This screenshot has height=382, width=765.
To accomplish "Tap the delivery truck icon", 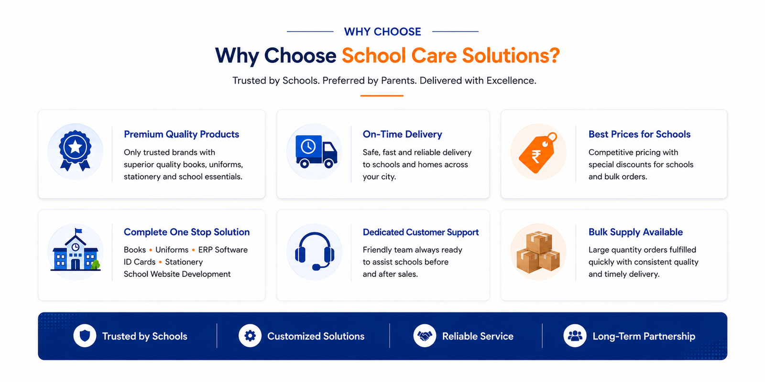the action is (x=316, y=151).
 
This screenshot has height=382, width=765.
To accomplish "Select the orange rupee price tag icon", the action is (x=537, y=152).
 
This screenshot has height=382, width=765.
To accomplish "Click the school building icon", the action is (x=76, y=250).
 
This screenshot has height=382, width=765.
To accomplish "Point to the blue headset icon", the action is (x=315, y=251).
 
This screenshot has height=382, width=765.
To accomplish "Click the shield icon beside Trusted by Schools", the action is (x=85, y=336).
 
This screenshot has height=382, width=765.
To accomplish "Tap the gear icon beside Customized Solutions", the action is (x=250, y=336).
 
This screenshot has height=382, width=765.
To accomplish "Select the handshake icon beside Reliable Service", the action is (x=425, y=336).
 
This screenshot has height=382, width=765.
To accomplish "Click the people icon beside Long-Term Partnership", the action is (x=575, y=336).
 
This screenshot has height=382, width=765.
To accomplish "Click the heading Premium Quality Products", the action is (x=181, y=134).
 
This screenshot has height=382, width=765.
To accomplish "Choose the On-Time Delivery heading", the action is (x=402, y=134).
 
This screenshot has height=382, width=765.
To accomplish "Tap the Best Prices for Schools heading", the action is (x=639, y=134).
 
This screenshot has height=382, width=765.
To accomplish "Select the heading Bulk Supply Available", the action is (x=635, y=232).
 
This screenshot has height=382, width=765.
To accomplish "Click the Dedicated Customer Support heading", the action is (x=421, y=232).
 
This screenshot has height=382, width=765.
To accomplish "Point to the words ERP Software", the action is (x=223, y=250).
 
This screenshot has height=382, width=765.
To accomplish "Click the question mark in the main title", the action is (x=554, y=55).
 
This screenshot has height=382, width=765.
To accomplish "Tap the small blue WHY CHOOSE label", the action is (x=382, y=32).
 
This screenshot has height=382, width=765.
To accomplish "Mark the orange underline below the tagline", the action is (x=382, y=96).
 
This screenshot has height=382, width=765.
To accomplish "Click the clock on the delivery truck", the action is (x=308, y=147).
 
